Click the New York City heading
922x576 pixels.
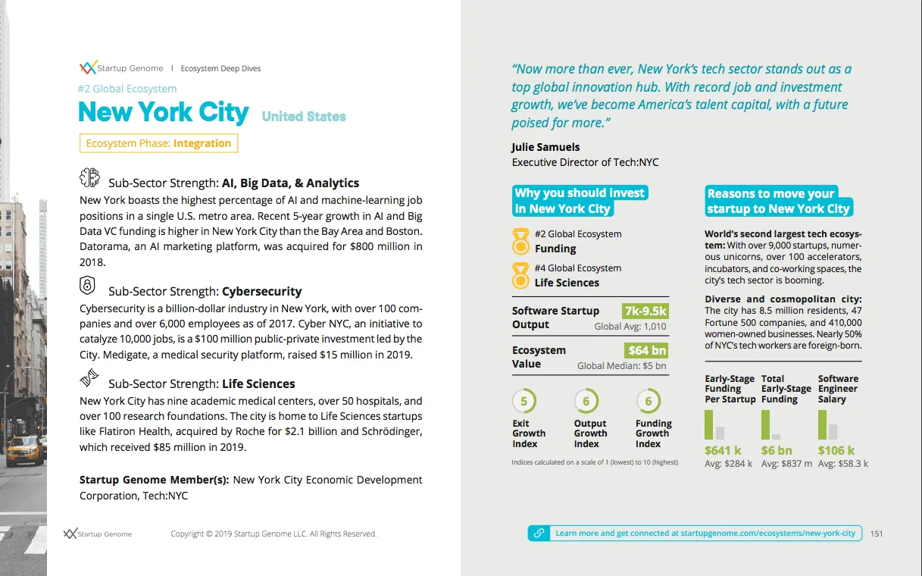(164, 113)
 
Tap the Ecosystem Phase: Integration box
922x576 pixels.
(158, 143)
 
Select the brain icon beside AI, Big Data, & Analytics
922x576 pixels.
(90, 178)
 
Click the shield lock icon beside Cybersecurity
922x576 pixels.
(88, 286)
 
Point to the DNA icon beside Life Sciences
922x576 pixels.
(89, 377)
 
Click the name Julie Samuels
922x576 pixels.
(545, 147)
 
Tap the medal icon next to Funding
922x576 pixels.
(520, 241)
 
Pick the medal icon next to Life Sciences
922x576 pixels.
(520, 275)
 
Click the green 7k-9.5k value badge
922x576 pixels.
(645, 311)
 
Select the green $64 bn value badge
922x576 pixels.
(648, 350)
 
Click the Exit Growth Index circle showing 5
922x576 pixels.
(523, 400)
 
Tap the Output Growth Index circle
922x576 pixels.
(586, 400)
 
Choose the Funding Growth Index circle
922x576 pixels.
(649, 400)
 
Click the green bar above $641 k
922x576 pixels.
(709, 424)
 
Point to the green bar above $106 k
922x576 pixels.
(822, 424)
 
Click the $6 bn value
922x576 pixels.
(777, 450)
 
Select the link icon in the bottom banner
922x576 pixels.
(539, 534)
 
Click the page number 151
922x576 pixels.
(877, 534)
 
